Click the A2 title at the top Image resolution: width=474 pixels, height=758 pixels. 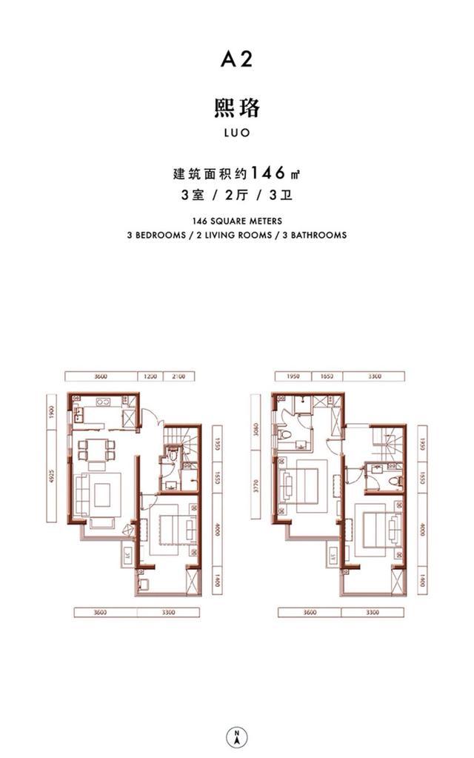point(236,59)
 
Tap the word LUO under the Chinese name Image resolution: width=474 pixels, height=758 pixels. point(236,134)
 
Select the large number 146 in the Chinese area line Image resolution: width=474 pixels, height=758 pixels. point(268,174)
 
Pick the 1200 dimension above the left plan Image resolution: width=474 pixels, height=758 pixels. point(150,376)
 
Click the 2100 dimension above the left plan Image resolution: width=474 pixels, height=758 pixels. point(178,376)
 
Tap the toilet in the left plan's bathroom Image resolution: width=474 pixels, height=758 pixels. point(170,458)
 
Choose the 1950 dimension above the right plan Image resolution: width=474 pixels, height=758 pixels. point(290,376)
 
